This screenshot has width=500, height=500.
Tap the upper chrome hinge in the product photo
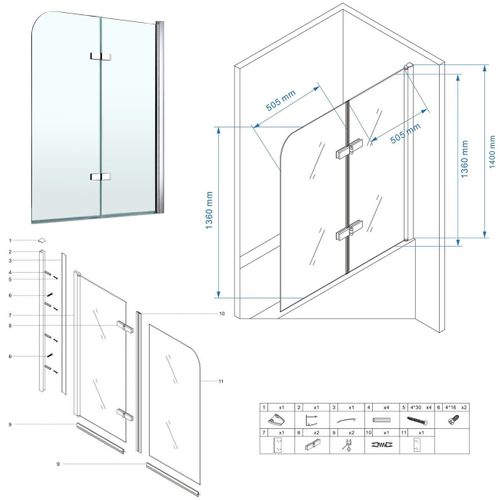tap(98, 55)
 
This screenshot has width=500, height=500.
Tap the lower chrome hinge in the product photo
tap(98, 176)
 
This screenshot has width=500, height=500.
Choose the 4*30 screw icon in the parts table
tap(411, 421)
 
